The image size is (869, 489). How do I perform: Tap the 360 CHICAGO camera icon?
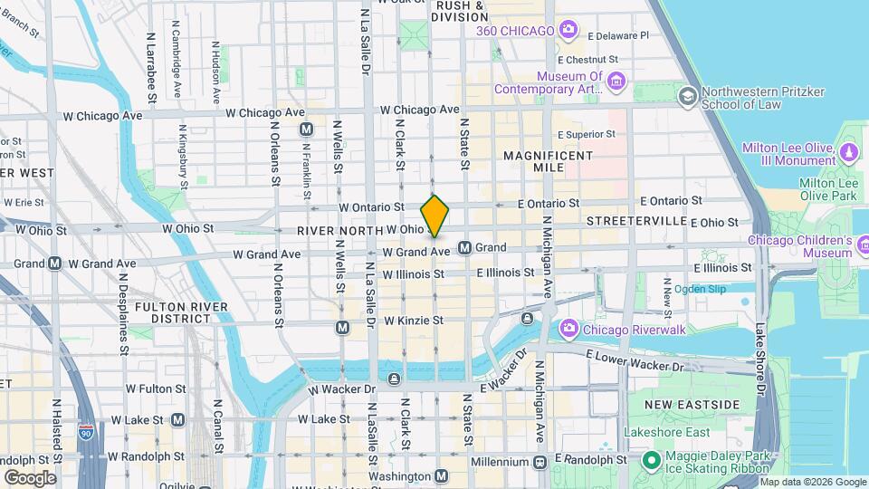point(568,31)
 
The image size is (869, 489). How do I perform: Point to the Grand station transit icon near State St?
point(465,247)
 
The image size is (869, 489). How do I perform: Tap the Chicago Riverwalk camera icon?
point(569,328)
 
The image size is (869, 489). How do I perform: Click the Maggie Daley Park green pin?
point(651,460)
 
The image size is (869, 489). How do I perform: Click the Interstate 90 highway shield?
point(86,431)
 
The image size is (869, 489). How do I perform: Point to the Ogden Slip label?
point(700,289)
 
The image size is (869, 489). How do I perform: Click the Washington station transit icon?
point(441,475)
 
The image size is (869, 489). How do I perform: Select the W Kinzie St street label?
point(413,321)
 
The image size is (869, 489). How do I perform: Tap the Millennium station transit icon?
point(540,462)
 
